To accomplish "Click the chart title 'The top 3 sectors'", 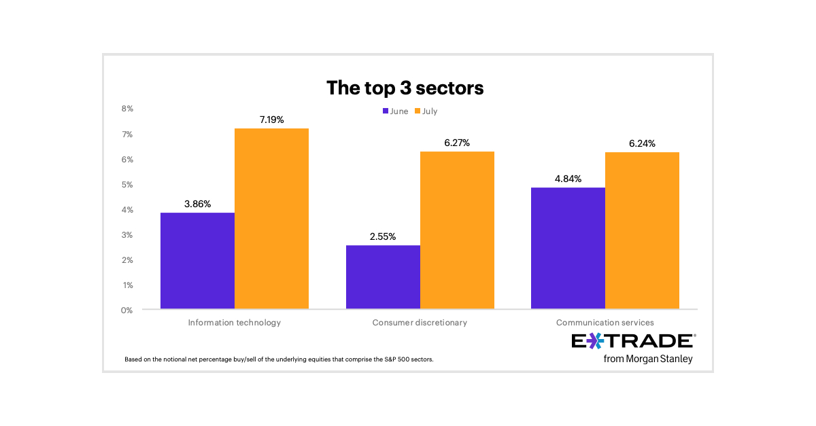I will pos(405,88).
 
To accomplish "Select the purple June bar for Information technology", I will pos(197,261).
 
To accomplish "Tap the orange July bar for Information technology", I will pos(271,219).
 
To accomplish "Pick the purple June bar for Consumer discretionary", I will pos(383,277).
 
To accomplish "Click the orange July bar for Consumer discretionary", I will pos(457,230).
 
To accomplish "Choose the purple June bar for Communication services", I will pos(568,248).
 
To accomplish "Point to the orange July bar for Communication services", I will pos(642,231).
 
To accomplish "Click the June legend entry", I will pos(395,111).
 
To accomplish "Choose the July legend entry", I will pos(426,111).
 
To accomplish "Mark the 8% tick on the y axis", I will pos(127,109).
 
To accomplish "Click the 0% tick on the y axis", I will pos(127,310).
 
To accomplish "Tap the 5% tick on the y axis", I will pos(127,185).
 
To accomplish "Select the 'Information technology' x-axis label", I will pos(234,323).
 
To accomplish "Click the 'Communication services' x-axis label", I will pos(605,323).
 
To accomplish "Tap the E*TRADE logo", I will pos(632,341).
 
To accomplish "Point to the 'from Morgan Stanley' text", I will pos(647,359).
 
